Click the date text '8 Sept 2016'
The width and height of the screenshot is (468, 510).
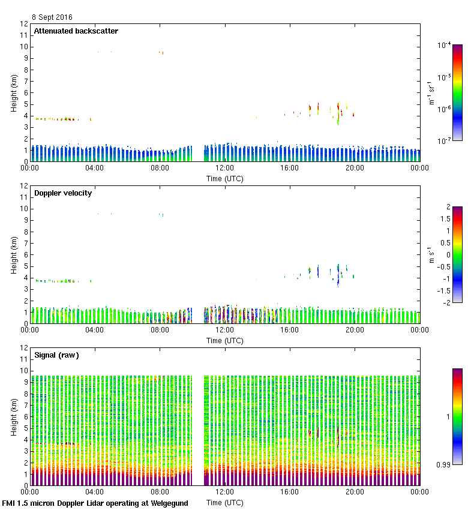pos(52,17)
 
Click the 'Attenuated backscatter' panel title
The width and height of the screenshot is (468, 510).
pos(76,31)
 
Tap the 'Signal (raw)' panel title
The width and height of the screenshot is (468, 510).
pos(56,355)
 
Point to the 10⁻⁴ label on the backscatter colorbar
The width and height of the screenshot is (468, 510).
pos(445,45)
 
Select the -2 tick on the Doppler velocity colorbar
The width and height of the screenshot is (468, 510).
pos(445,303)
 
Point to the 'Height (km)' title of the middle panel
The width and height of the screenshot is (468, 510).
pos(13,254)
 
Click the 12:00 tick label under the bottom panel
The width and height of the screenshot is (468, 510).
pos(225,491)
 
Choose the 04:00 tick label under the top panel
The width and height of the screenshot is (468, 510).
pos(95,168)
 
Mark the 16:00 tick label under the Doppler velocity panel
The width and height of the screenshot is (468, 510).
pos(290,330)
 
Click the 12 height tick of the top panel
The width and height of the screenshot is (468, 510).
pos(25,24)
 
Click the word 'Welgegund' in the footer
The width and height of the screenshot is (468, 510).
pos(169,503)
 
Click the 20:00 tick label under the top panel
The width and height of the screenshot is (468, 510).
pos(355,168)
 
